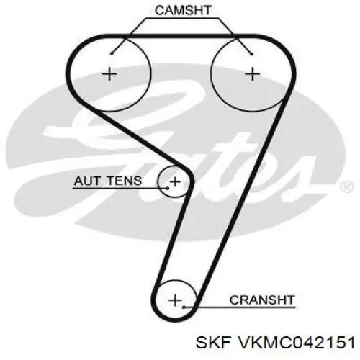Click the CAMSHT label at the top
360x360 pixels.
(x=183, y=10)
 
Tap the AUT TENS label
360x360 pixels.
(x=108, y=181)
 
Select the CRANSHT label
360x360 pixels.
(x=262, y=300)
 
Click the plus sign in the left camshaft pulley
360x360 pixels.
(x=109, y=73)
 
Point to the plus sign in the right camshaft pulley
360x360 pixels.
(x=252, y=73)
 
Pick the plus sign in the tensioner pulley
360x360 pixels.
(x=175, y=181)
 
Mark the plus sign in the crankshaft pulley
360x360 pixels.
(x=176, y=300)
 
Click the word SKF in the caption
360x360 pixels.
(x=213, y=342)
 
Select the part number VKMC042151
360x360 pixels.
(x=296, y=342)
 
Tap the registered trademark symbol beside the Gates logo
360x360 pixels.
(x=347, y=186)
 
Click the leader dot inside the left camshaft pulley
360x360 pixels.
(x=112, y=53)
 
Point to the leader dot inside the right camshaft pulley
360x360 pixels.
(x=251, y=54)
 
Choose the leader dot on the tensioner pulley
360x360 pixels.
(x=168, y=188)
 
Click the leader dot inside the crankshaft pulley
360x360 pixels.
(x=184, y=307)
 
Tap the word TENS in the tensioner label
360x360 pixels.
(x=124, y=181)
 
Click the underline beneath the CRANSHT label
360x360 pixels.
(x=240, y=307)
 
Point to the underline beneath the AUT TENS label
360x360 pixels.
(x=120, y=188)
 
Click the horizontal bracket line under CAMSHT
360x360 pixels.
(x=182, y=18)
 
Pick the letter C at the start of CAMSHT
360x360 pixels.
(x=160, y=10)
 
